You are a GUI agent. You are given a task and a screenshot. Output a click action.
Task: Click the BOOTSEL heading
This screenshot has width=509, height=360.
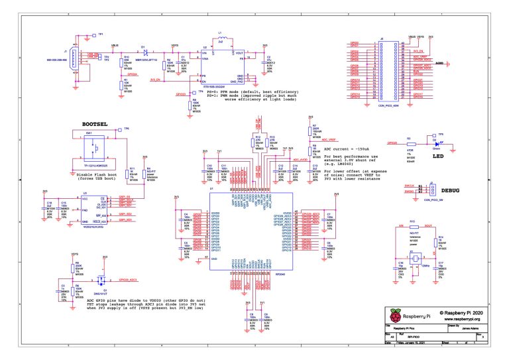96,124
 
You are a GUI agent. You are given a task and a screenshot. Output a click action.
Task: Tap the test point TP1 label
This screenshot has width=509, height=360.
101,34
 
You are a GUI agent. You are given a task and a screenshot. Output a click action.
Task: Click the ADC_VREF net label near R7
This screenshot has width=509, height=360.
329,141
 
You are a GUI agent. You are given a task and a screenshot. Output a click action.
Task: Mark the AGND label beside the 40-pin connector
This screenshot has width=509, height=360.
438,64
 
